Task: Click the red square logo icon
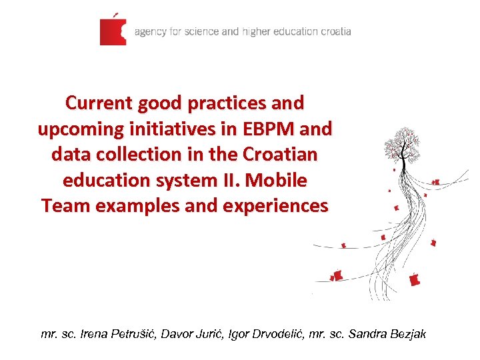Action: click(113, 31)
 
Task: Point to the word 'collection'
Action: click(138, 155)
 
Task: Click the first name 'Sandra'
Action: click(367, 333)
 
